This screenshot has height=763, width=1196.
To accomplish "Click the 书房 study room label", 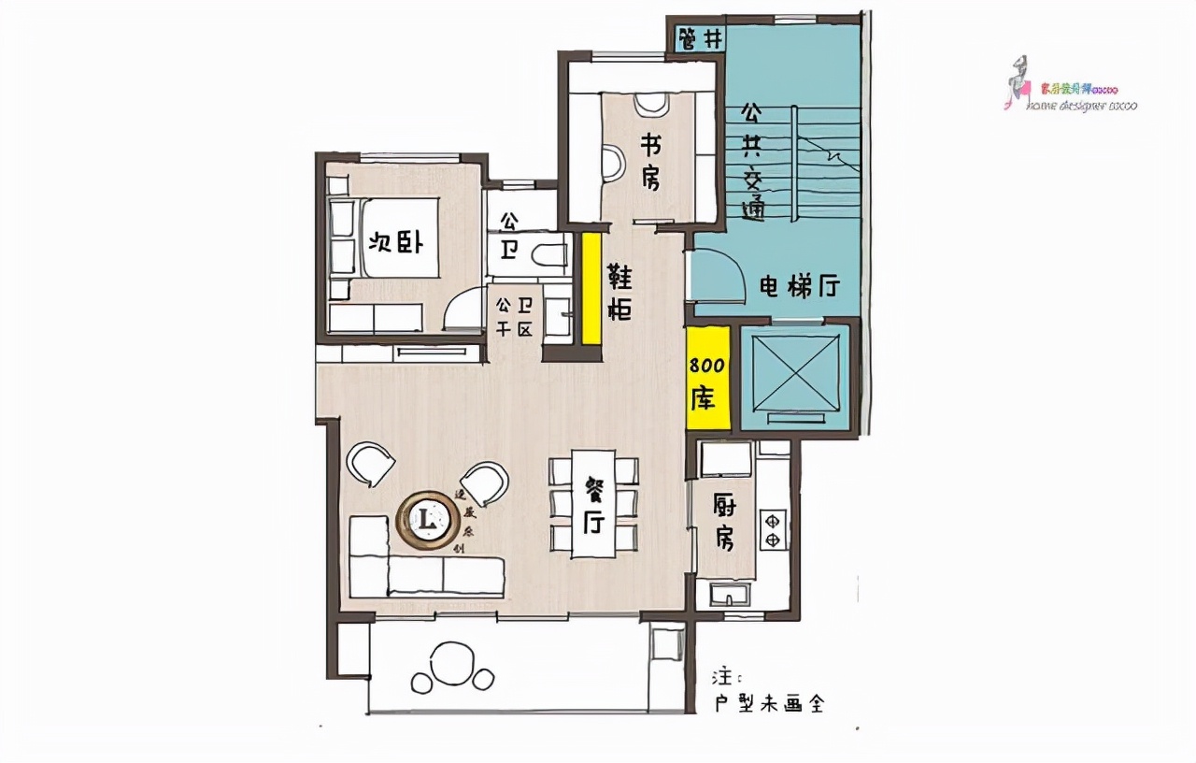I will click(x=651, y=160).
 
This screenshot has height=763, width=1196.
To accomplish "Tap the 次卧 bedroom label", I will click(x=396, y=243).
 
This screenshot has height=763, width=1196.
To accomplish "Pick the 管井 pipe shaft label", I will click(x=700, y=39).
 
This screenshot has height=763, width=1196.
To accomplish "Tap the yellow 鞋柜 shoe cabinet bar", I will click(x=591, y=288).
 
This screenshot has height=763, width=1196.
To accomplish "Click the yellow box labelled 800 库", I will click(x=708, y=379).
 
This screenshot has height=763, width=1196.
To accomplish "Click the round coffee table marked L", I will click(x=427, y=517).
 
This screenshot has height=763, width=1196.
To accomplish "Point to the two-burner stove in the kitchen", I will click(x=773, y=528).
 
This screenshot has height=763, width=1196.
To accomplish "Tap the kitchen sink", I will click(x=725, y=594).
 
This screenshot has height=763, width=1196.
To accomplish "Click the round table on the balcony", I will click(x=453, y=657).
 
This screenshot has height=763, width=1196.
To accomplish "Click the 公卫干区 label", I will click(x=514, y=316).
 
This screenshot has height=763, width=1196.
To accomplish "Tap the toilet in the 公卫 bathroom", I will click(x=547, y=252).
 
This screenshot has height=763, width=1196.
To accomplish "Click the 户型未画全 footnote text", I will click(x=769, y=703).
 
